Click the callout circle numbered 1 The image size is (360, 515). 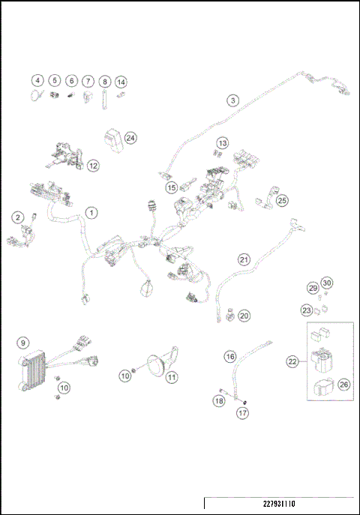click(91, 213)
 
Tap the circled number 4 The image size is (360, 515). click(37, 80)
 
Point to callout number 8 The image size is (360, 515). click(105, 80)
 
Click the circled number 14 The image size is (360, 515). click(121, 80)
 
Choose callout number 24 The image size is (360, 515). click(131, 138)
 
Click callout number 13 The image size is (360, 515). click(222, 142)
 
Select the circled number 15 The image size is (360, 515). click(172, 187)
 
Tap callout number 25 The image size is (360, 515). click(282, 200)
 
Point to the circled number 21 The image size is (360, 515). click(244, 259)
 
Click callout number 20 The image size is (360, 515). click(244, 316)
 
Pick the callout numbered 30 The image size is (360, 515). click(326, 283)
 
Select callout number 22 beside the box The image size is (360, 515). click(292, 361)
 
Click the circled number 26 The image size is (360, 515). click(344, 385)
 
